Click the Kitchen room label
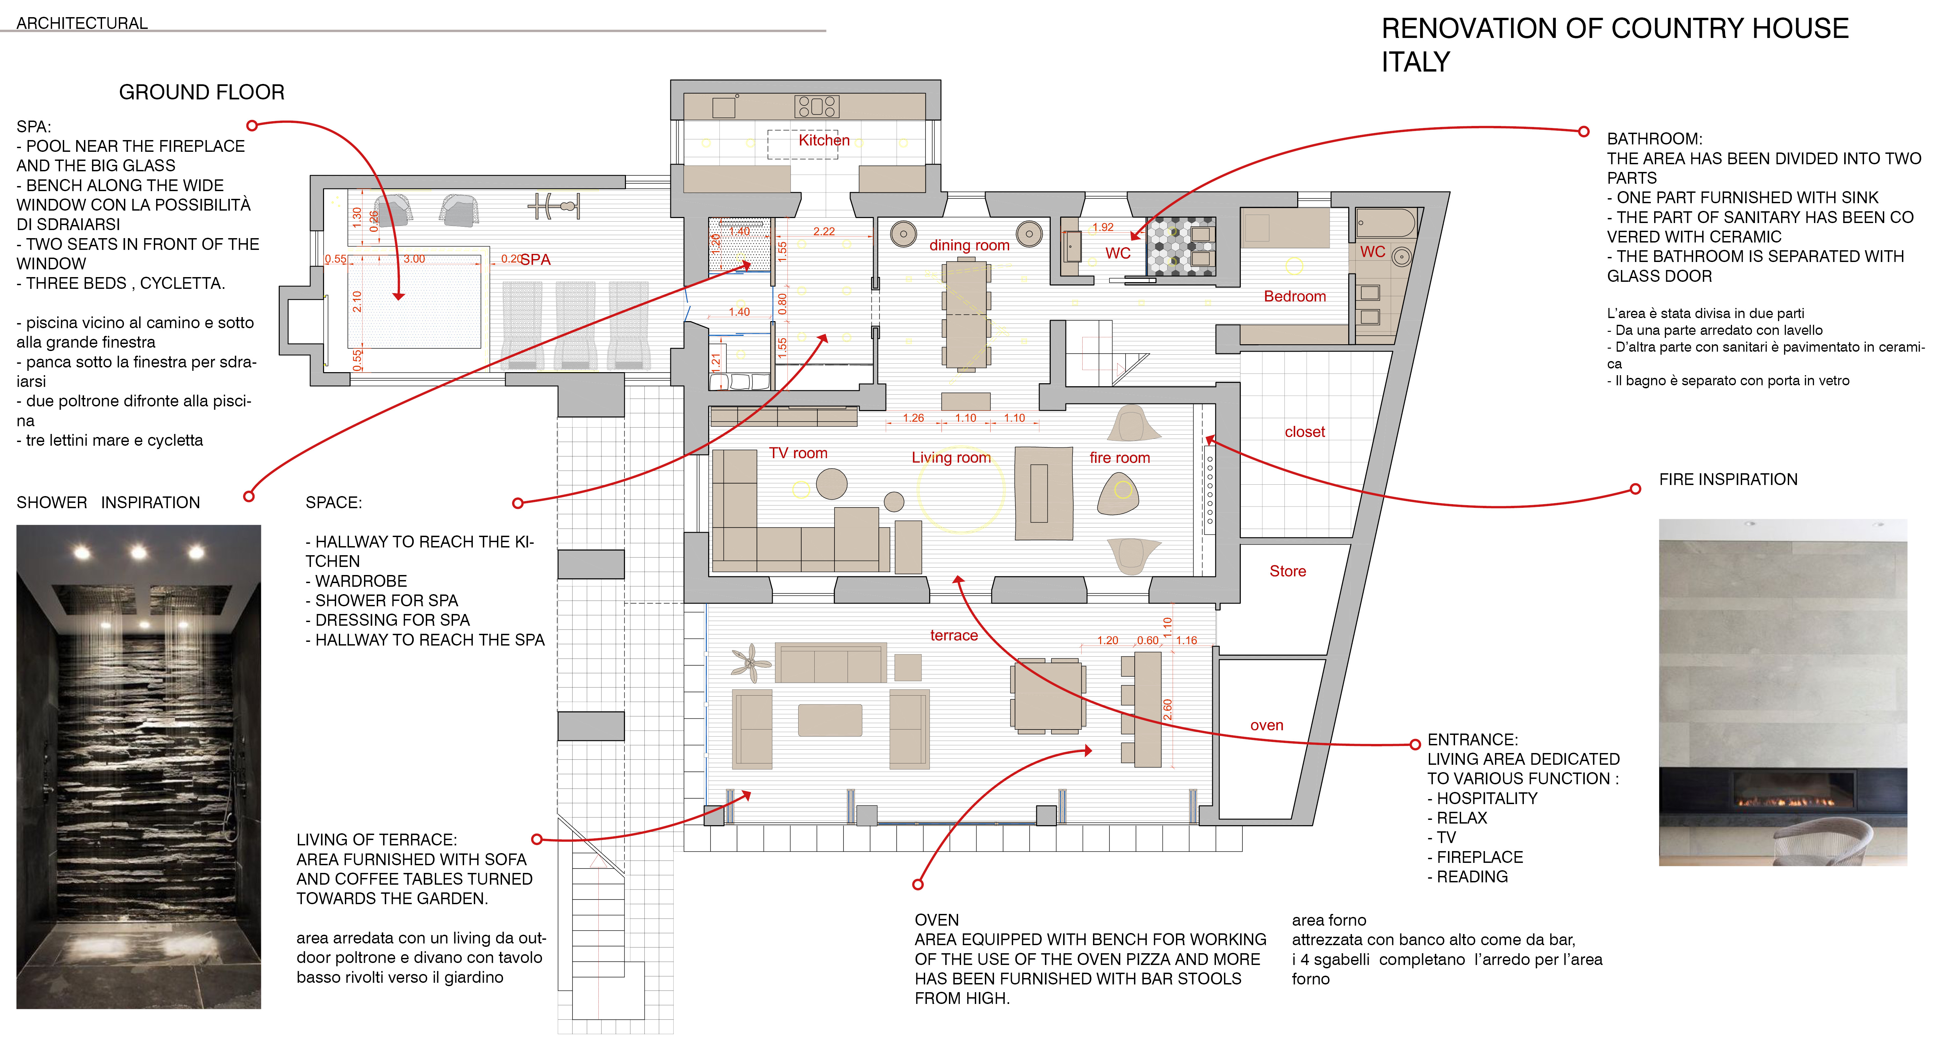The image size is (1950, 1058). click(x=824, y=141)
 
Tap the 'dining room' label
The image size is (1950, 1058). click(x=969, y=246)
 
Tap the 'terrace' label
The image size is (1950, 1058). click(x=954, y=635)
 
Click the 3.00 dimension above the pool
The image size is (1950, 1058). click(x=414, y=259)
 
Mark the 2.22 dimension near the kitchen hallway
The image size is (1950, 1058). click(x=824, y=232)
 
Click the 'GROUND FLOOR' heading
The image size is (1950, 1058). click(x=201, y=92)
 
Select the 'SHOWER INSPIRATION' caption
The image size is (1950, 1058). click(x=108, y=503)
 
